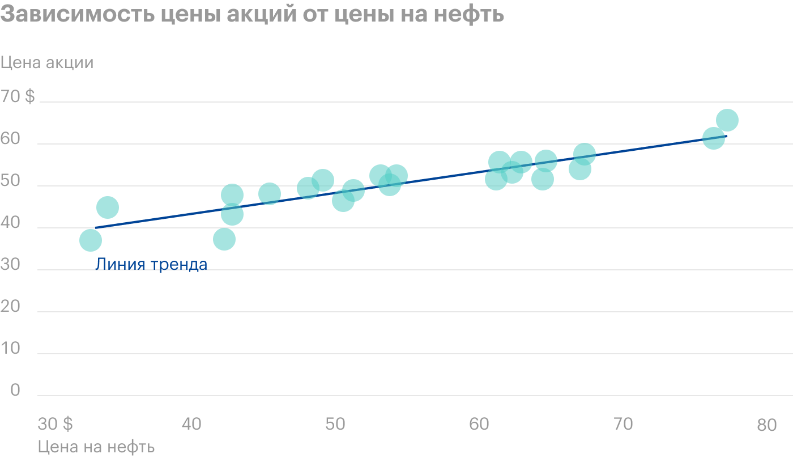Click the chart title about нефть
click(252, 14)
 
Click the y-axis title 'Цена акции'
click(47, 62)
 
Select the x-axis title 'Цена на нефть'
click(96, 447)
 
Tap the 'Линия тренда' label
click(151, 264)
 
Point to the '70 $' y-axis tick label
click(18, 97)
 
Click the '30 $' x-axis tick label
click(55, 424)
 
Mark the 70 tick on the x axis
click(623, 424)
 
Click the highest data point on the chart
click(727, 120)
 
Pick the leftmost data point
click(90, 240)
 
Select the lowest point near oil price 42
click(224, 239)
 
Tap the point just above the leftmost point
click(107, 207)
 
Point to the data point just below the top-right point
click(714, 138)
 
